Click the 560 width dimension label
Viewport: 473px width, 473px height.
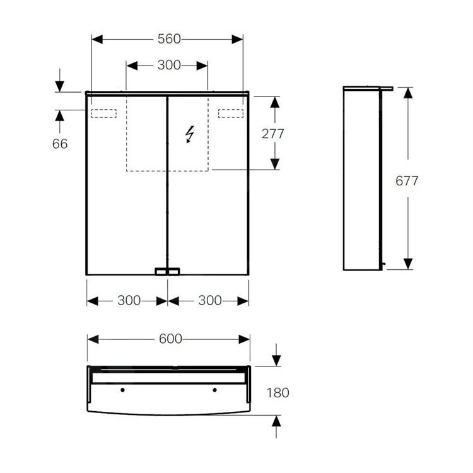(168, 39)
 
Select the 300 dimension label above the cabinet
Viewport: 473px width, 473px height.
(168, 65)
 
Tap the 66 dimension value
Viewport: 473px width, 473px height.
(60, 144)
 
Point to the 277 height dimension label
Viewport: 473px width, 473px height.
(274, 134)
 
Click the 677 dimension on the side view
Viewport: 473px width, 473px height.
(407, 181)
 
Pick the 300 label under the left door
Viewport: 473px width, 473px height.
(129, 301)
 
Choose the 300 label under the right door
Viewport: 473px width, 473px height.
(210, 301)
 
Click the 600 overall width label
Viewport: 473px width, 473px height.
(170, 339)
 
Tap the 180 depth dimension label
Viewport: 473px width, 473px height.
(277, 393)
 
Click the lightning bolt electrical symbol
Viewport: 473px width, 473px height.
(189, 134)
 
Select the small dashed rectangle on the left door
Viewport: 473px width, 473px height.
(104, 114)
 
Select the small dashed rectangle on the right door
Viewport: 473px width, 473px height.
(231, 114)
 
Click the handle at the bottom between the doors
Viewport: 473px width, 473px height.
(167, 272)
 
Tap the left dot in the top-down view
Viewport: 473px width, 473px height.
(122, 390)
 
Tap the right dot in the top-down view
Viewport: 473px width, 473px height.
(214, 390)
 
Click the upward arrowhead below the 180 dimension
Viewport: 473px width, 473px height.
(276, 420)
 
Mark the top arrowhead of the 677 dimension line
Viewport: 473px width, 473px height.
(408, 93)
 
